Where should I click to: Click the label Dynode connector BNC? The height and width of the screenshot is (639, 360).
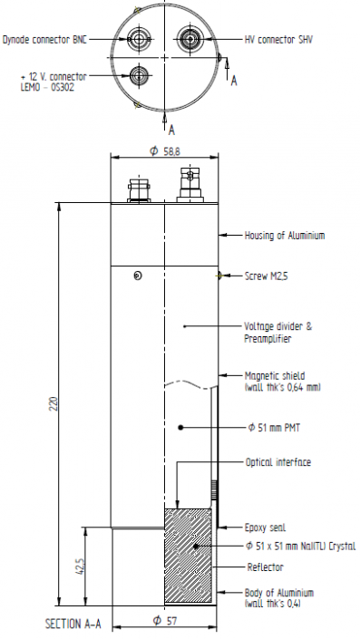tap(54, 39)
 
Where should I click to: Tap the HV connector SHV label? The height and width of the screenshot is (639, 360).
tap(280, 39)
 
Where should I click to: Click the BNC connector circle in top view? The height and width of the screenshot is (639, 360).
tap(139, 39)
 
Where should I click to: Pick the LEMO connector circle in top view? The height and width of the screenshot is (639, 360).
tap(139, 74)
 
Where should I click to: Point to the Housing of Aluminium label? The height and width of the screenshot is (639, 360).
tap(285, 236)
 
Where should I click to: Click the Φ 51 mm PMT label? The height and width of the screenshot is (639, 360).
tap(276, 426)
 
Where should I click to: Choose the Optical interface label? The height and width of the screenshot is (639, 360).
tap(278, 462)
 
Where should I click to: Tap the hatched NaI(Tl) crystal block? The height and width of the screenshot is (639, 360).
tap(190, 555)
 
